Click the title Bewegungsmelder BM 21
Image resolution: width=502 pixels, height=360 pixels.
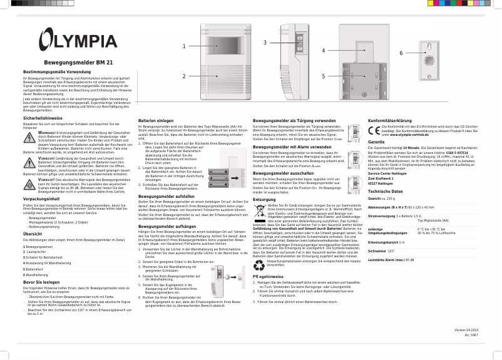[78, 63]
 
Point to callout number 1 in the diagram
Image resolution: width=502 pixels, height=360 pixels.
[184, 46]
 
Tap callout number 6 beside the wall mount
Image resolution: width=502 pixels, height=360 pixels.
[401, 53]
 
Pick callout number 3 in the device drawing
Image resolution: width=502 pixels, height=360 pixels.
[265, 43]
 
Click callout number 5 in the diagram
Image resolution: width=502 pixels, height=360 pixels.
[324, 76]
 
